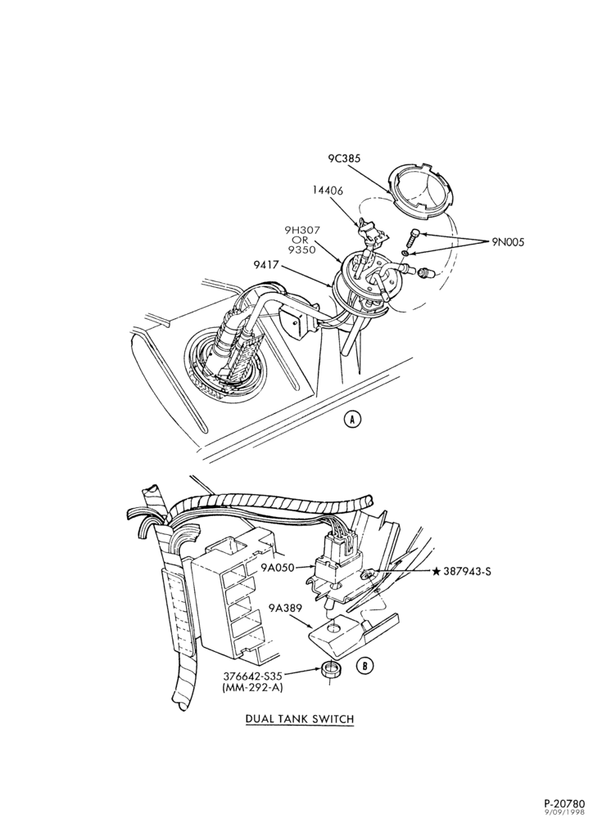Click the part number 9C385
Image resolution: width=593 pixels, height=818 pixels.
tap(344, 158)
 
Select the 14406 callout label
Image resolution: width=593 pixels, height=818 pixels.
tap(328, 191)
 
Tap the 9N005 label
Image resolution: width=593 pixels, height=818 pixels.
tap(509, 241)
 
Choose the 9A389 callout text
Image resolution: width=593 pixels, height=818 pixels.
tap(285, 608)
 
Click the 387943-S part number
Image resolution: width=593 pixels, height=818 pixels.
tap(467, 571)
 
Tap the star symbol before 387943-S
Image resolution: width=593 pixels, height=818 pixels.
tap(436, 571)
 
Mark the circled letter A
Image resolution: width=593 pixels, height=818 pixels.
tap(353, 419)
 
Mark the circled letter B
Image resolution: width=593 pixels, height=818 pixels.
tap(365, 665)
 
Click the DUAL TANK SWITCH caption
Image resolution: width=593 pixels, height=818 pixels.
tap(300, 719)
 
